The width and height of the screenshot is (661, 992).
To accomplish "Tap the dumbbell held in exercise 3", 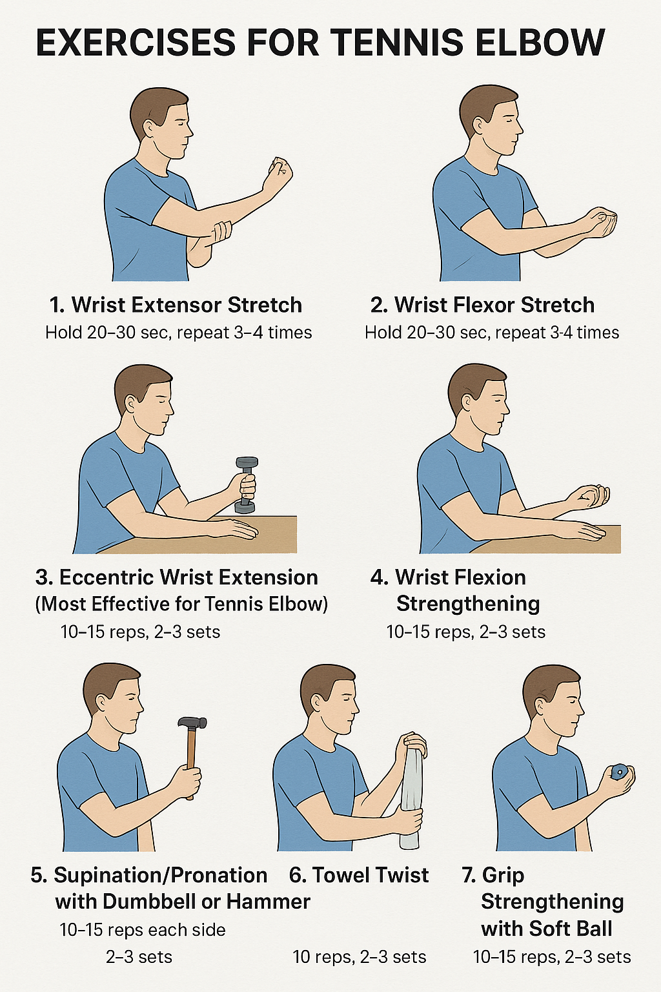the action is pos(245,486).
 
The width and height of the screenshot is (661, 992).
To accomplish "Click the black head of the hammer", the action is pos(192,723).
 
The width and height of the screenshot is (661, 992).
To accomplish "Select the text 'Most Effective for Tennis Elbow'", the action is pos(181,604).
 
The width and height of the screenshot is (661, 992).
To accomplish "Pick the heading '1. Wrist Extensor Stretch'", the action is pos(176,305).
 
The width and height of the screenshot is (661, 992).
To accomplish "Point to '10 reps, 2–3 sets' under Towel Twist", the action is pos(360,957).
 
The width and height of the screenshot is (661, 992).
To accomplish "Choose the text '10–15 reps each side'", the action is pos(143,930).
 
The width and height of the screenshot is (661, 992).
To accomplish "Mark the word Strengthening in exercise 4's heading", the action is pos(468,604).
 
